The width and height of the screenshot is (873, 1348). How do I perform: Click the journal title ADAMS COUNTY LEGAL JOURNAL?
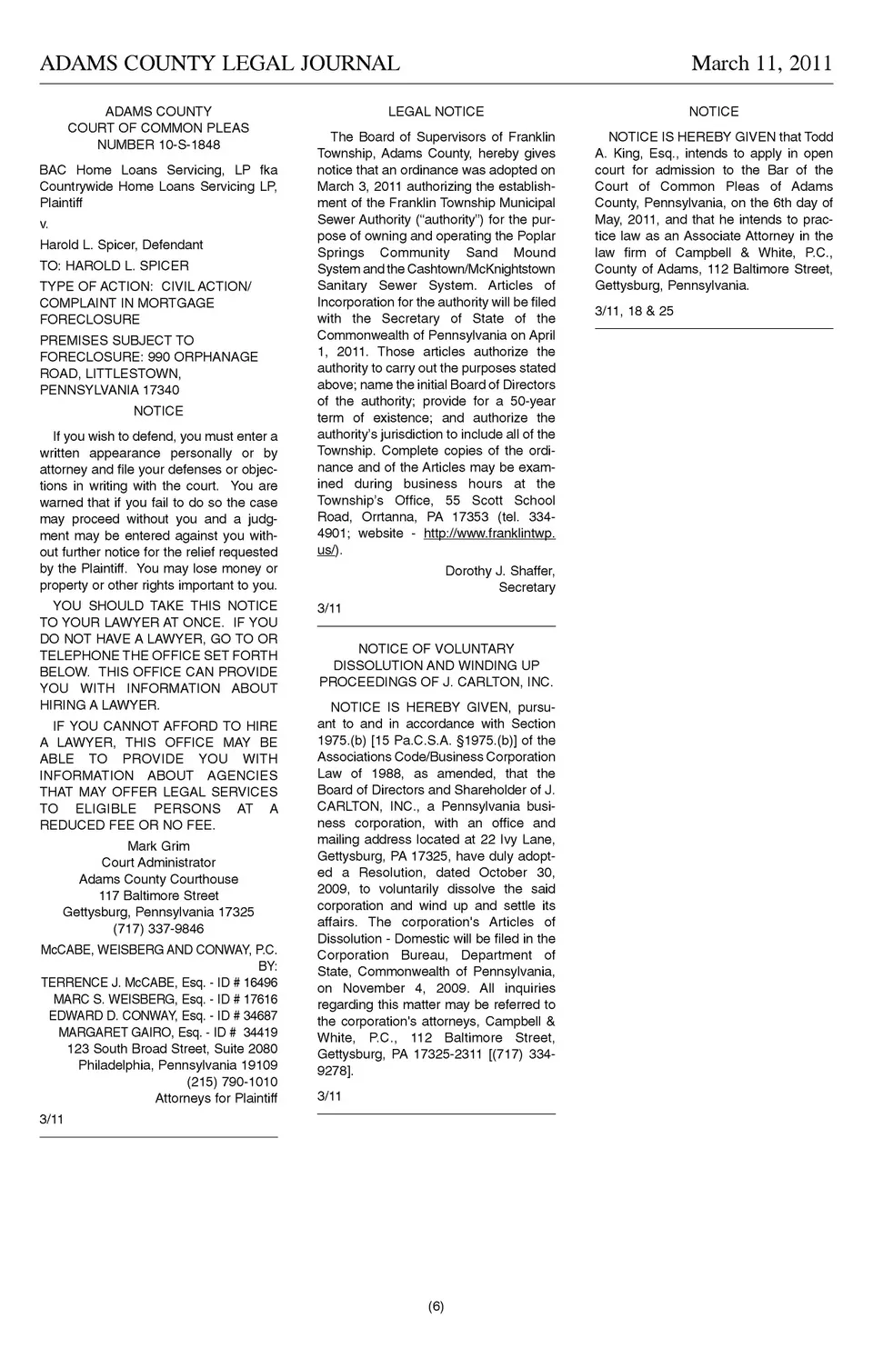[219, 64]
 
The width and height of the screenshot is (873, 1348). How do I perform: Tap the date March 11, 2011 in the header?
[761, 64]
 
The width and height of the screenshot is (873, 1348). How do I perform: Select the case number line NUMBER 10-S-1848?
[158, 145]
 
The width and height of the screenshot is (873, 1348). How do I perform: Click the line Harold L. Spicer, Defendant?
[121, 245]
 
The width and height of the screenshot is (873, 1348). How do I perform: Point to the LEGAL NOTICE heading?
[436, 112]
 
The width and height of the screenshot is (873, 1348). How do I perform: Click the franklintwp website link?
[489, 534]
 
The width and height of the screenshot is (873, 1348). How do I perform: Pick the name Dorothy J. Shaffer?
[499, 571]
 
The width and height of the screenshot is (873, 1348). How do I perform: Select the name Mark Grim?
[158, 846]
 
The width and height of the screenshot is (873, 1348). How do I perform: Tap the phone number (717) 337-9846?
[158, 929]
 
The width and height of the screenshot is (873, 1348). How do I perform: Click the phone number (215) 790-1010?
[232, 1082]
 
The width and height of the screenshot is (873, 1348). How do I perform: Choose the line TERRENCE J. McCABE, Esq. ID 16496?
[159, 983]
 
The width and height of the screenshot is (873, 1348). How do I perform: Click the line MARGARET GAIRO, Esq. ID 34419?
[168, 1033]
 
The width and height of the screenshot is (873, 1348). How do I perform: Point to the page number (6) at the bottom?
[436, 1307]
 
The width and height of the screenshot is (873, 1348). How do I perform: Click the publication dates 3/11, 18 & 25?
[634, 311]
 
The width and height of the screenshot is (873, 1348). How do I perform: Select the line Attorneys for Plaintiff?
[216, 1098]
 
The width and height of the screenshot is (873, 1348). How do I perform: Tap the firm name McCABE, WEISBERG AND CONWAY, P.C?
[158, 950]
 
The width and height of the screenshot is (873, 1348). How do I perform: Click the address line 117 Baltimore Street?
[158, 895]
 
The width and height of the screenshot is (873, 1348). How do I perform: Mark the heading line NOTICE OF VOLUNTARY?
[436, 649]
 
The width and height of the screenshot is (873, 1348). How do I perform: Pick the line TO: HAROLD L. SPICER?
[115, 265]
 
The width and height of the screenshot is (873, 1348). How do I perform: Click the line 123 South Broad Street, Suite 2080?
[172, 1049]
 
